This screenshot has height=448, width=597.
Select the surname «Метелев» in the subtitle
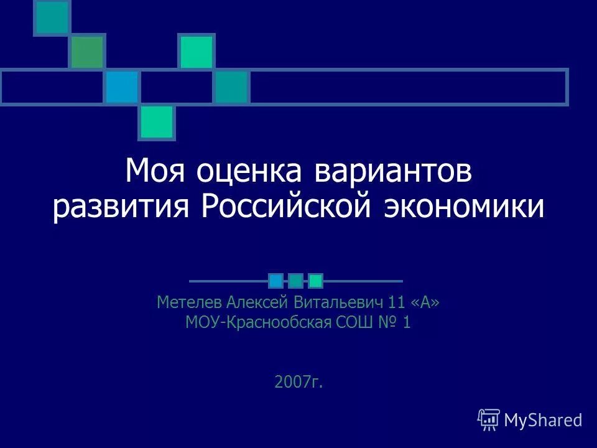tap(188, 303)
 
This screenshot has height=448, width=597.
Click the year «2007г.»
tap(298, 381)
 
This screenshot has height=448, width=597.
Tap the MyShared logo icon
tap(488, 420)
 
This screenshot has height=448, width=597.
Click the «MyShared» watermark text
tap(543, 420)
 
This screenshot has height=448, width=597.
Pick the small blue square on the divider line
tap(276, 281)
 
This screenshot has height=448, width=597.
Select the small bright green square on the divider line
tap(316, 281)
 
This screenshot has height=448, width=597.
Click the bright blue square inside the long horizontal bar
tap(122, 87)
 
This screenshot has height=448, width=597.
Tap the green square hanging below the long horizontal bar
tap(157, 122)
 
